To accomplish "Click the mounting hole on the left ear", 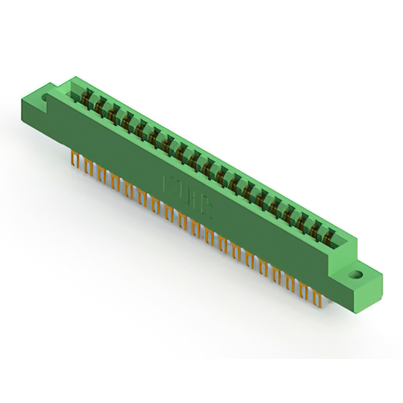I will click(45, 99).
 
